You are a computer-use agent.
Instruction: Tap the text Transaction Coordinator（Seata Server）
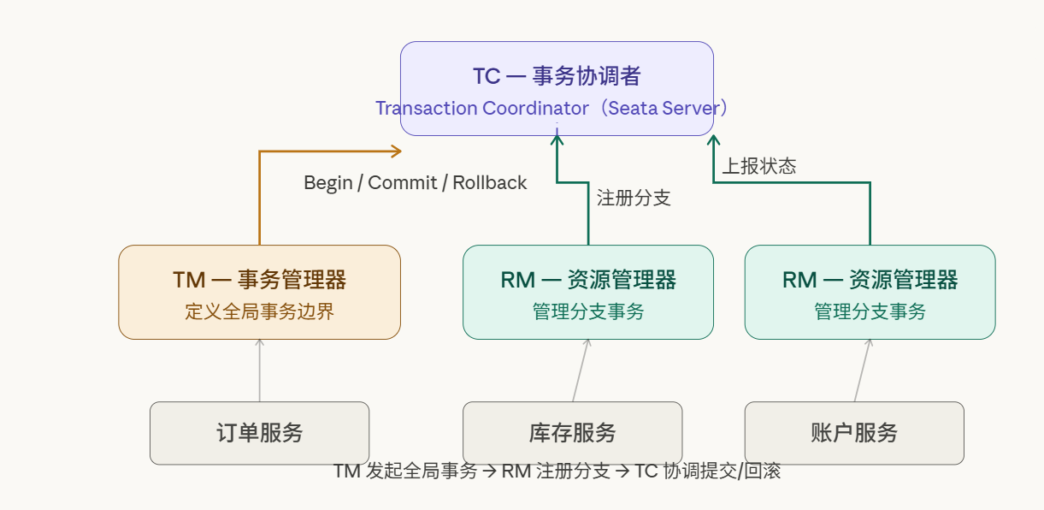click(x=552, y=109)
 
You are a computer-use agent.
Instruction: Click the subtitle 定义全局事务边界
click(x=259, y=311)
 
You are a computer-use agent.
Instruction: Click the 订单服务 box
click(x=259, y=433)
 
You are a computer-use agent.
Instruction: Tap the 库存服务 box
click(x=572, y=433)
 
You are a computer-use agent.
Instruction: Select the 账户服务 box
click(x=854, y=433)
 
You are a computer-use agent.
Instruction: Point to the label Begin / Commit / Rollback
click(x=416, y=182)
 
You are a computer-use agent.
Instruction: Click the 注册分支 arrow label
click(x=634, y=199)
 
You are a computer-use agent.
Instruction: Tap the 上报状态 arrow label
click(x=759, y=166)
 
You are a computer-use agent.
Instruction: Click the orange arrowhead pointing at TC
click(x=396, y=151)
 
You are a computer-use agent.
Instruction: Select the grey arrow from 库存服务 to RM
click(x=580, y=371)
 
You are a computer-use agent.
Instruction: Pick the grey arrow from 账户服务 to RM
click(x=862, y=371)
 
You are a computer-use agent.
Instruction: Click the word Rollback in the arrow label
click(x=489, y=182)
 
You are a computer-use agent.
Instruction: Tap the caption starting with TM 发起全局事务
click(x=557, y=471)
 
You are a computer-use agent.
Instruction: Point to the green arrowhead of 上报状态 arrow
click(x=714, y=140)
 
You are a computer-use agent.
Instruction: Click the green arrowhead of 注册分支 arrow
click(x=557, y=140)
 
